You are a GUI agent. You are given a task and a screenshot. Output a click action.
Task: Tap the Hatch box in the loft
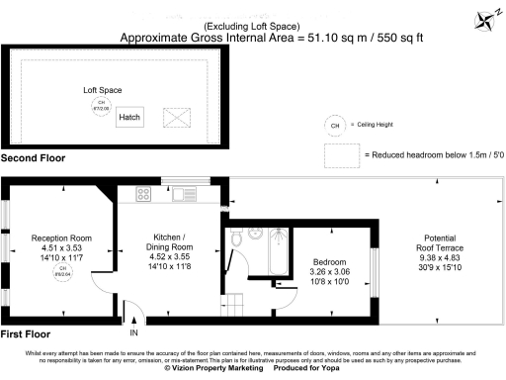click(x=129, y=117)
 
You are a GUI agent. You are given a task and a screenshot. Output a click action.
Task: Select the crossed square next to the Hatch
click(x=176, y=118)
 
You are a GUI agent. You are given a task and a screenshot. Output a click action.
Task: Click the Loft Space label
click(x=102, y=90)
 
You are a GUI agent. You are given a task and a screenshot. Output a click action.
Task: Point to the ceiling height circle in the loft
click(x=99, y=106)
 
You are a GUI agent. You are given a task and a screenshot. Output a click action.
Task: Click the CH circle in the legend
click(x=335, y=126)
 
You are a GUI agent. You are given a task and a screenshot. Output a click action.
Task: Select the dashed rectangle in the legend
click(x=341, y=155)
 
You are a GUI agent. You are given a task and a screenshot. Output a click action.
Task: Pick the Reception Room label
click(x=61, y=238)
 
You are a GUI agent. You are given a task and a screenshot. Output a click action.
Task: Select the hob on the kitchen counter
click(x=139, y=194)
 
